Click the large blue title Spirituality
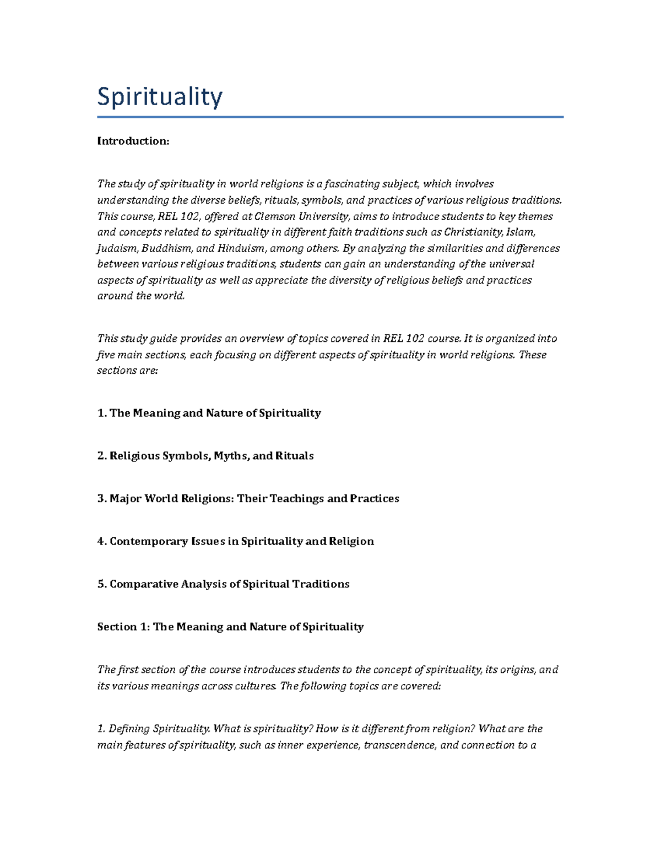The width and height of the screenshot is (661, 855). [x=160, y=97]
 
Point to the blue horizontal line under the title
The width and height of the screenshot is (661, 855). [x=330, y=117]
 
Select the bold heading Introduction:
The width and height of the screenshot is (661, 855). [x=133, y=141]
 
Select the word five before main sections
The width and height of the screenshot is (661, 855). [x=106, y=355]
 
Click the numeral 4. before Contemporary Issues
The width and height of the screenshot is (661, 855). [x=102, y=541]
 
